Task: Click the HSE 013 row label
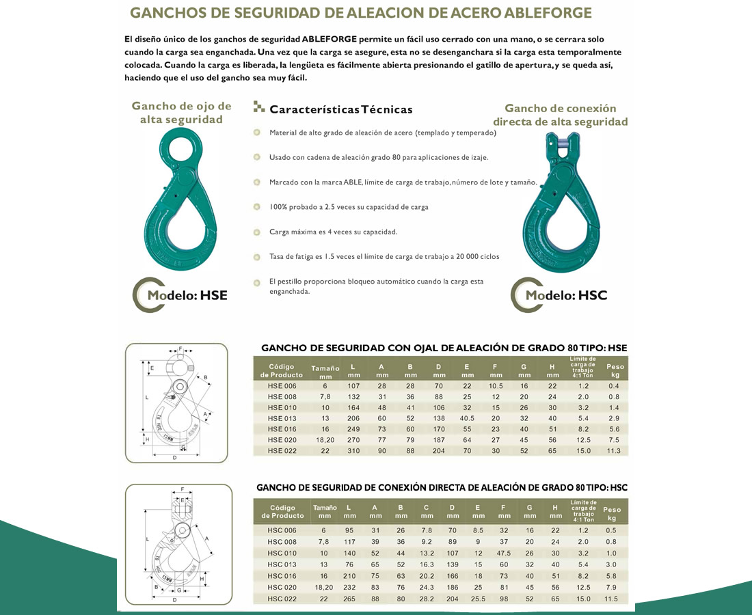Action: [282, 418]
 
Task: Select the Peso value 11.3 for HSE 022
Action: [615, 451]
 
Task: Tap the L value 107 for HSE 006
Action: [353, 386]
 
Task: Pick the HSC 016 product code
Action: [282, 576]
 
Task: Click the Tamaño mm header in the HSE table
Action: [325, 372]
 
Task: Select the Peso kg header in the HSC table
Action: [612, 513]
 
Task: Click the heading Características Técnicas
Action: [340, 109]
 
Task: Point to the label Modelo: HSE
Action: [187, 295]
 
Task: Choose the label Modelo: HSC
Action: [565, 295]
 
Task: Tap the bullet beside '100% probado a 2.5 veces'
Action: [256, 206]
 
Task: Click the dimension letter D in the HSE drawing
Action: [175, 458]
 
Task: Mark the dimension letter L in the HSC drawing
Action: [148, 540]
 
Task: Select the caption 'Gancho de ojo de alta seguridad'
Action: [181, 113]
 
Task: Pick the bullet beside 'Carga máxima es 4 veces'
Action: [256, 232]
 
